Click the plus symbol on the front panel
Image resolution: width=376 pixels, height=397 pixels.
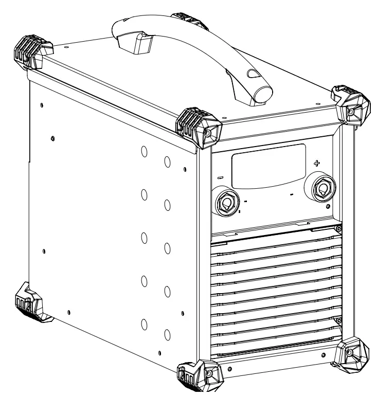coord(316,163)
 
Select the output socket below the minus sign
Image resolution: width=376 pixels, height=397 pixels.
coord(227,204)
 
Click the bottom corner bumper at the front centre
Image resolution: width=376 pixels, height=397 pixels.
coord(195,378)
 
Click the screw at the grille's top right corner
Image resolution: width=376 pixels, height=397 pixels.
coord(338,229)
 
